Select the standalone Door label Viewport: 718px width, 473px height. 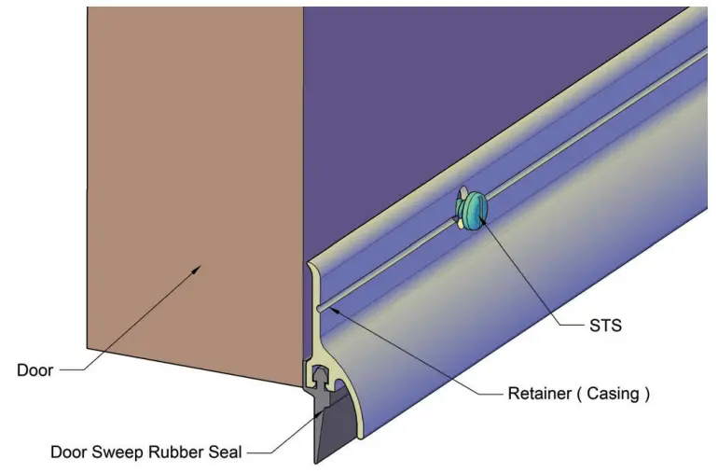35,370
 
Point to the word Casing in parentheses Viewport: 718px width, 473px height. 608,394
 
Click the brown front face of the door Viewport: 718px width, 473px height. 186,187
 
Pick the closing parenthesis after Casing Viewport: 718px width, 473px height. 644,394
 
